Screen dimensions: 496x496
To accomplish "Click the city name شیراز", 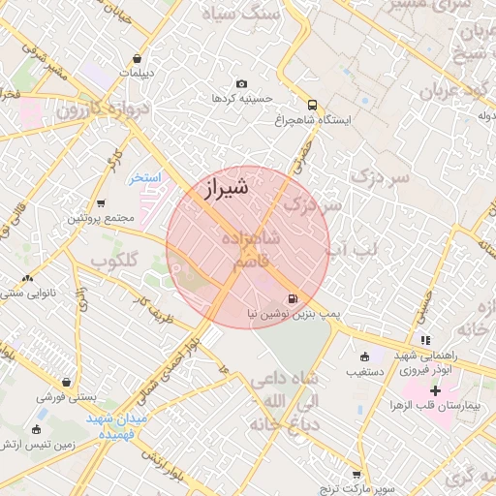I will pyautogui.click(x=227, y=188).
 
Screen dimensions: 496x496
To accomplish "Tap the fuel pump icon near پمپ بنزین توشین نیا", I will pyautogui.click(x=293, y=299).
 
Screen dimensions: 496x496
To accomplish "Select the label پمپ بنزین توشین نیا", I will pyautogui.click(x=285, y=315).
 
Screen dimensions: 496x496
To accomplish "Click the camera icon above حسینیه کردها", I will pyautogui.click(x=241, y=84).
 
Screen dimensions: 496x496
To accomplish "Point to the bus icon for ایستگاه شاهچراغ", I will pyautogui.click(x=312, y=105).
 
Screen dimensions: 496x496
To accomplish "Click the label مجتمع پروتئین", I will pyautogui.click(x=99, y=218).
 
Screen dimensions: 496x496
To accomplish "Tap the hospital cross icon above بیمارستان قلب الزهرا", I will pyautogui.click(x=435, y=390).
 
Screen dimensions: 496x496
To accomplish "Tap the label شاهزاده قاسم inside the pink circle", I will pyautogui.click(x=251, y=249).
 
